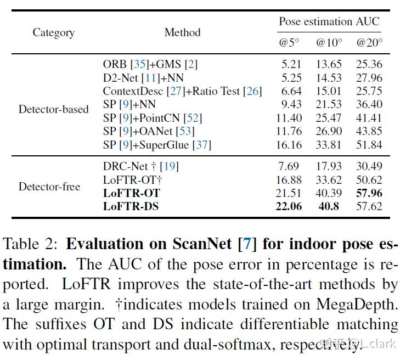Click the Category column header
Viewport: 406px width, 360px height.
pyautogui.click(x=53, y=32)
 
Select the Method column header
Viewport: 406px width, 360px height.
pyautogui.click(x=182, y=32)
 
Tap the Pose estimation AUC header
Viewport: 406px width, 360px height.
pyautogui.click(x=329, y=22)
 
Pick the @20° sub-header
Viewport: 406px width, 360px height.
pyautogui.click(x=369, y=42)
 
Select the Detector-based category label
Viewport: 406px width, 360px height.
pyautogui.click(x=53, y=109)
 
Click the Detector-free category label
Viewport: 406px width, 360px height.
pyautogui.click(x=49, y=187)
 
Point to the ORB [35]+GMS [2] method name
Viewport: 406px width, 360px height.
pyautogui.click(x=150, y=64)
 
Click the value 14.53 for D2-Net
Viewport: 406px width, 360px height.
pyautogui.click(x=329, y=77)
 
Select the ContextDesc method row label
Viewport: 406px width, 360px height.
pyautogui.click(x=182, y=91)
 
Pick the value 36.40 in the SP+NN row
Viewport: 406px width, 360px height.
pyautogui.click(x=369, y=104)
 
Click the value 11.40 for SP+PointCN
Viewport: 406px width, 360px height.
pyautogui.click(x=288, y=118)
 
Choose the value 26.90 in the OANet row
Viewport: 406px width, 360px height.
pyautogui.click(x=329, y=131)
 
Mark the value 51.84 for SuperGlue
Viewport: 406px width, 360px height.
pyautogui.click(x=369, y=145)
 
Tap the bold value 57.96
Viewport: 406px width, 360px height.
pyautogui.click(x=369, y=193)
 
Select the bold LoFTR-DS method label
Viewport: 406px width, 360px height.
pyautogui.click(x=132, y=207)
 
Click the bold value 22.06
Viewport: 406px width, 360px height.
pyautogui.click(x=288, y=207)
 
